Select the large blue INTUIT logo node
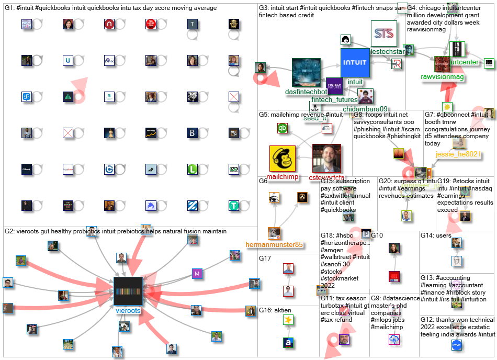click(x=355, y=63)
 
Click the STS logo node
click(x=385, y=33)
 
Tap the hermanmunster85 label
click(x=274, y=244)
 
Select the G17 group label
click(x=265, y=258)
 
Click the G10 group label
click(x=377, y=235)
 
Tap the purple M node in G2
click(x=197, y=273)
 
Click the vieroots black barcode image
click(x=128, y=291)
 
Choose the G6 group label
click(x=263, y=181)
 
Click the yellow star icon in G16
click(x=288, y=319)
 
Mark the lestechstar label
click(x=388, y=52)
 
